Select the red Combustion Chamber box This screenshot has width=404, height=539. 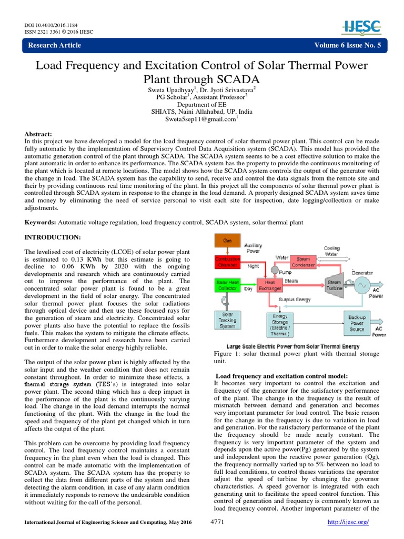(227, 263)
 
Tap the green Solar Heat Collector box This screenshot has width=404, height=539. (227, 285)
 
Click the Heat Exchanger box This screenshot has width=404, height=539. (269, 285)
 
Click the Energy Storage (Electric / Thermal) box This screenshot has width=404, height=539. (280, 322)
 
